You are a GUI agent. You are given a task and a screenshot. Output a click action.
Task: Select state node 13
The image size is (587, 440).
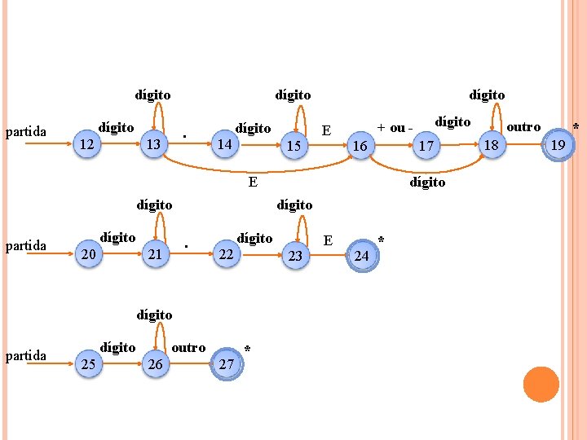152,144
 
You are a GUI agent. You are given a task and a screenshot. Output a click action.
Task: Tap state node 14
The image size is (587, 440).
226,144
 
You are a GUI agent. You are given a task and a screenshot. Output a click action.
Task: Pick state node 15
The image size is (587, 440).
294,145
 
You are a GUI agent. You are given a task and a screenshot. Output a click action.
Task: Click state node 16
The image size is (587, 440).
360,145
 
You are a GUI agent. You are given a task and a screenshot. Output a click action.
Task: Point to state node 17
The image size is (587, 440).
424,145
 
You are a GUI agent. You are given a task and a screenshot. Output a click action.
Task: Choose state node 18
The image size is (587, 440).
491,145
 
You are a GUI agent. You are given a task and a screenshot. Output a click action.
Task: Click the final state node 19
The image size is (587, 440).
558,145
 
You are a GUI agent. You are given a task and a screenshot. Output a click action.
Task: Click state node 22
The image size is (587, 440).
227,255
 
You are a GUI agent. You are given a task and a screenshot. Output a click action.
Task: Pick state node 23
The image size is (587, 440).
296,256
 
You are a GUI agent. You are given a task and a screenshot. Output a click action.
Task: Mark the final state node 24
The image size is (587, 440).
363,256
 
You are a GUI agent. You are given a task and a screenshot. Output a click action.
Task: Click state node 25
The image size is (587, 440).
90,364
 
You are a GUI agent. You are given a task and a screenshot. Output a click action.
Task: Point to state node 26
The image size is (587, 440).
155,364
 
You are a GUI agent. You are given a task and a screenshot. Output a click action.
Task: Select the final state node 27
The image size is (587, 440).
227,364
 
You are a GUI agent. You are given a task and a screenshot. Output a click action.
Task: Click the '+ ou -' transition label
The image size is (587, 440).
395,128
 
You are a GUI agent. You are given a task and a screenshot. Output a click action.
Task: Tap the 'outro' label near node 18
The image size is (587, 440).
523,126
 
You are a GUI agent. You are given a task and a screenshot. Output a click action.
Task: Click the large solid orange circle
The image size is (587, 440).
541,385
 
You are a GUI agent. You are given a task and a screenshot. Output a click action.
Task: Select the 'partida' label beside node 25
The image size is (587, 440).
26,355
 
